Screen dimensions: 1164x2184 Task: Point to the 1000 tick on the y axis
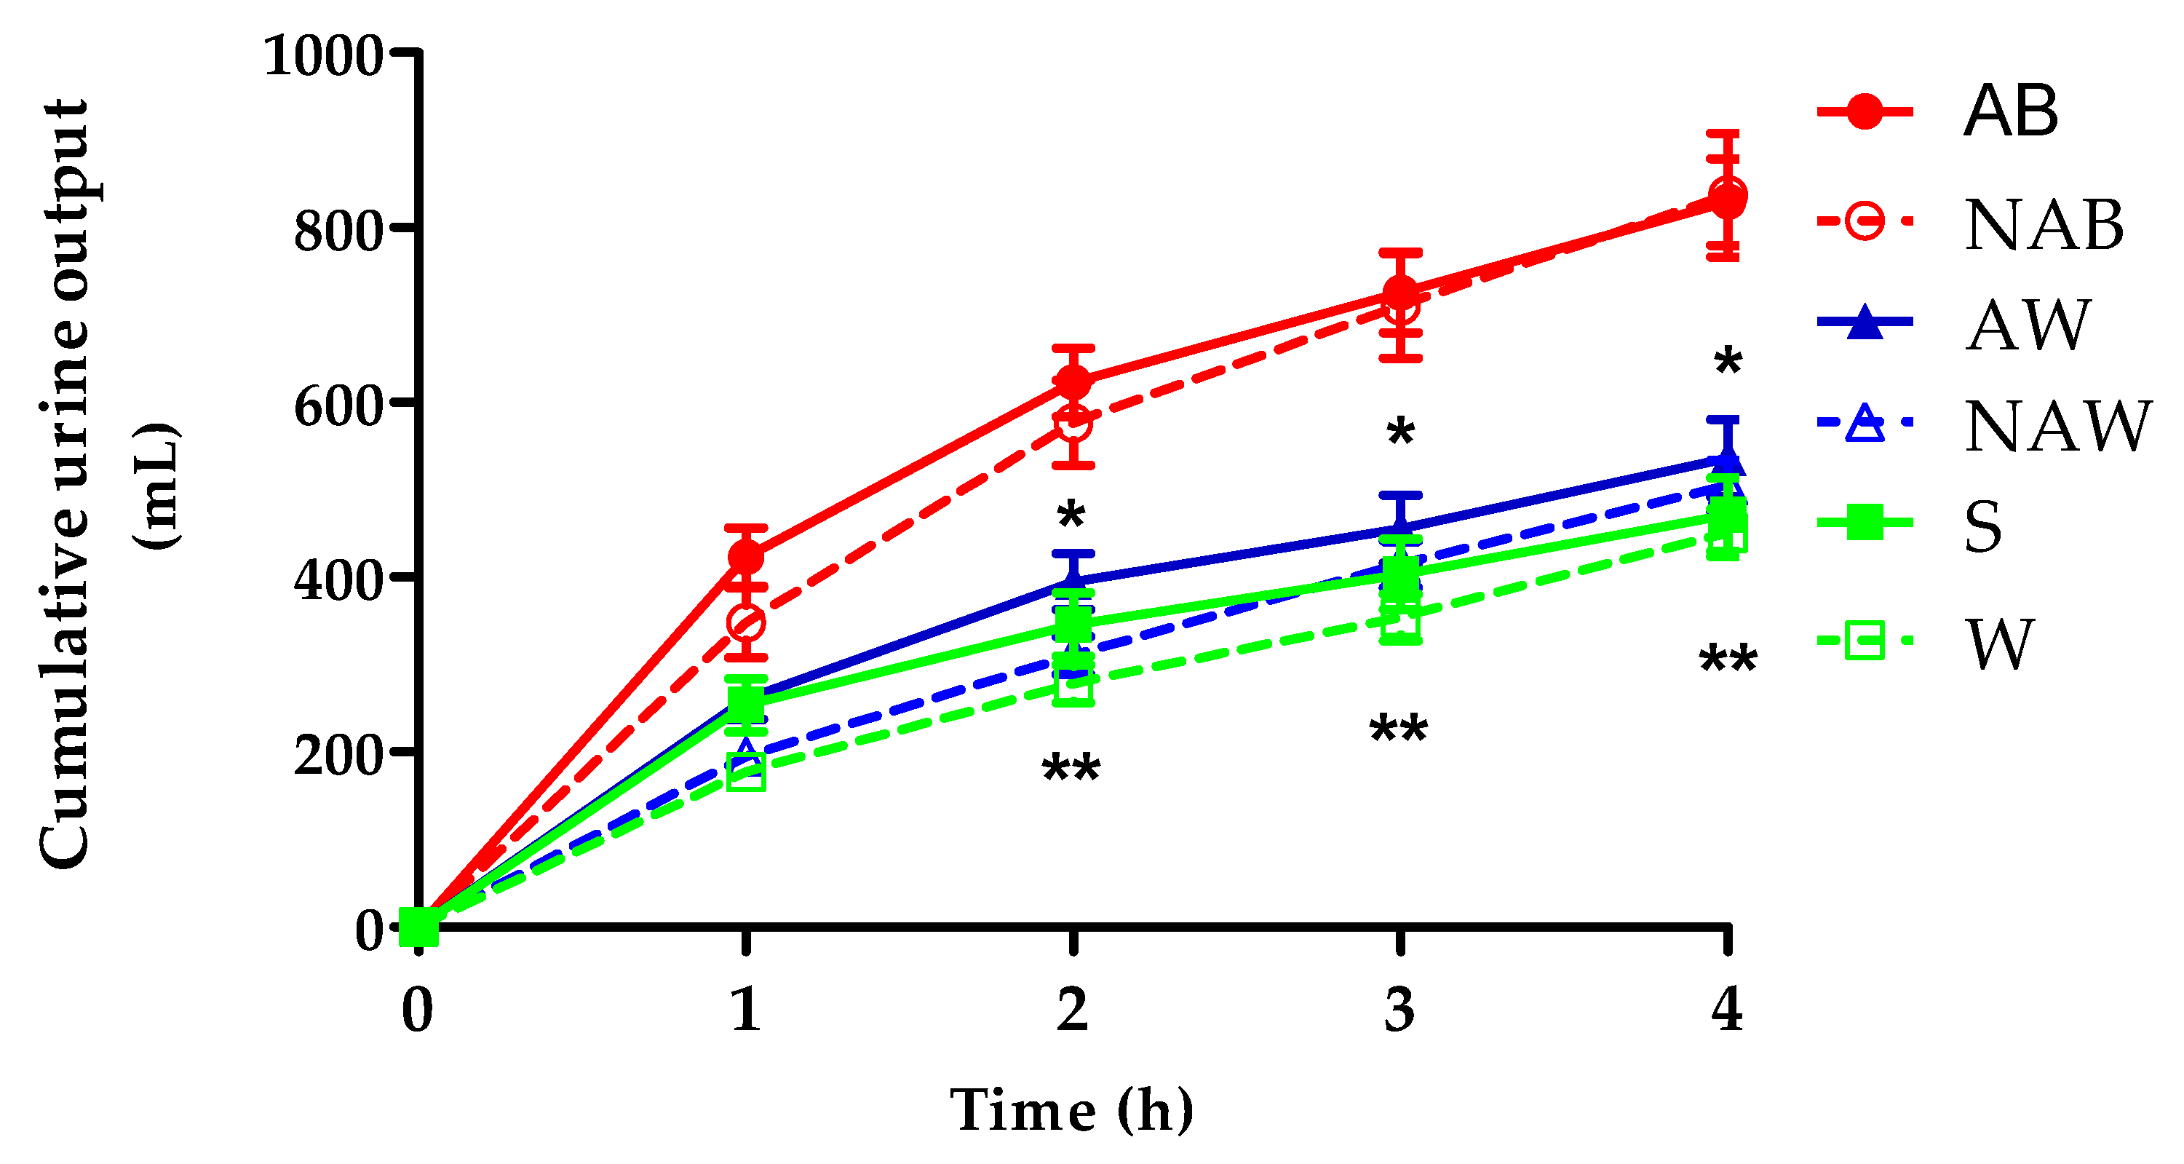[x=325, y=56]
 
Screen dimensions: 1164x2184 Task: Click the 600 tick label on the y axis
[x=339, y=405]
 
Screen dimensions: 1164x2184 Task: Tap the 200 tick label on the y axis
[x=339, y=754]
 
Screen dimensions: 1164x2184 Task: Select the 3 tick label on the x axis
[x=1399, y=1010]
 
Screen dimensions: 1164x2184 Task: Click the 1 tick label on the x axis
[x=746, y=1010]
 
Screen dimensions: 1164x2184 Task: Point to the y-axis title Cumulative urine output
[x=63, y=483]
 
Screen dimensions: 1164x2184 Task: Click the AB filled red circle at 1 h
[x=746, y=557]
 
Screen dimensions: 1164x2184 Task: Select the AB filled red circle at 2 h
[x=1073, y=381]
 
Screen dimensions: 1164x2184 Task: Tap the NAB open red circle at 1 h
[x=746, y=624]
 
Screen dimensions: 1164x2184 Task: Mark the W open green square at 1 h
[x=746, y=772]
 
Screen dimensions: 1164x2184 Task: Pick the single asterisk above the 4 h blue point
[x=1728, y=363]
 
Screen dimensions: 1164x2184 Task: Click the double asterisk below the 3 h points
[x=1399, y=729]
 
